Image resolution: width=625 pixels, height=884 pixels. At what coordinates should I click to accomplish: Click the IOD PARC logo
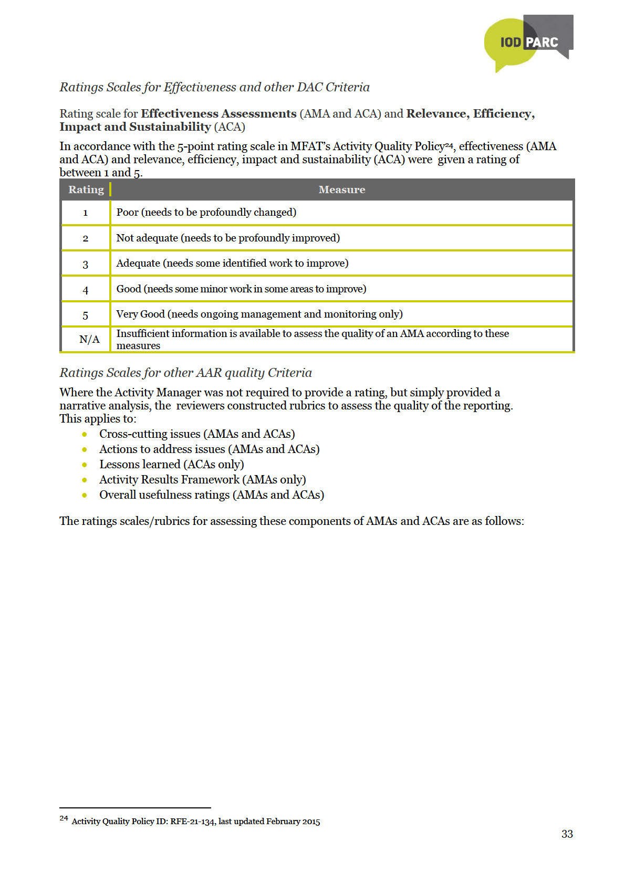click(528, 43)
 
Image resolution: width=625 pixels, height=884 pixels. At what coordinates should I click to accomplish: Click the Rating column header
click(86, 190)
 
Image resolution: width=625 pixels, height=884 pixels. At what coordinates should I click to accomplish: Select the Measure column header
click(341, 190)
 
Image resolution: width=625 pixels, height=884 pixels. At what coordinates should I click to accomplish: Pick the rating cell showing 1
click(85, 213)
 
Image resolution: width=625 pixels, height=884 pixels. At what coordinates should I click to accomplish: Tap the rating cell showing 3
click(85, 264)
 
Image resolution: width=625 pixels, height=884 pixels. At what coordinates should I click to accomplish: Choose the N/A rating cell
click(89, 340)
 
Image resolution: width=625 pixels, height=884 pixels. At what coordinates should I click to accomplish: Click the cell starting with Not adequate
click(228, 238)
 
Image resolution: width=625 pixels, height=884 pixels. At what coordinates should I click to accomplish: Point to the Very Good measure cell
click(259, 314)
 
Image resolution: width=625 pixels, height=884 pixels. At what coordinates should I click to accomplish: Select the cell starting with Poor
click(206, 213)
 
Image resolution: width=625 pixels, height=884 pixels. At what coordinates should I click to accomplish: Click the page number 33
click(567, 834)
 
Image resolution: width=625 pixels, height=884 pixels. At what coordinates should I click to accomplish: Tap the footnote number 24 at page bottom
click(64, 818)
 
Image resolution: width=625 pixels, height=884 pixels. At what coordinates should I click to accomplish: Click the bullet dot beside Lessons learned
click(85, 465)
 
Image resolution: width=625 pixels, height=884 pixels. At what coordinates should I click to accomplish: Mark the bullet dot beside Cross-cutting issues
click(85, 434)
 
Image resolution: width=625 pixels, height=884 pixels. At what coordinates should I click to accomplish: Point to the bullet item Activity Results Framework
click(202, 480)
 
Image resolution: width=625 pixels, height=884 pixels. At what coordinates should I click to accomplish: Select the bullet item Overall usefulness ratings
click(211, 495)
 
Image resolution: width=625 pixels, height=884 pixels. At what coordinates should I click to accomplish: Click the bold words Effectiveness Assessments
click(218, 114)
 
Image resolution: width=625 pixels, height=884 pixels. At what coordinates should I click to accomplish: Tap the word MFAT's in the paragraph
click(310, 146)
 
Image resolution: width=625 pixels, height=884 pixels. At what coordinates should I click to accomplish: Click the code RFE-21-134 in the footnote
click(192, 822)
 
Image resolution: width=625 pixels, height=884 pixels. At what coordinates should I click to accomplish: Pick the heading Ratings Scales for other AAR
click(185, 373)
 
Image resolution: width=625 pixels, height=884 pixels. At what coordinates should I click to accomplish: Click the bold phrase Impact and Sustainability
click(135, 127)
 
